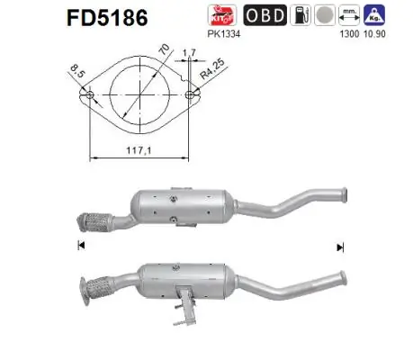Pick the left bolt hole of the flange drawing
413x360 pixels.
tap(89, 94)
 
